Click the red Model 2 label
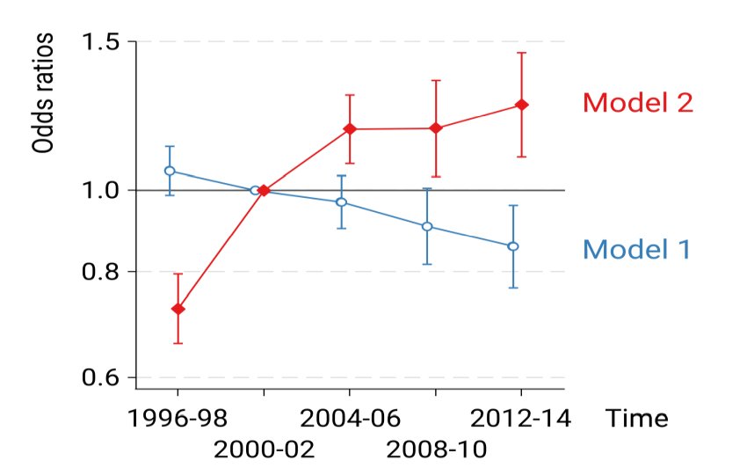coord(637,103)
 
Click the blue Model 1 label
coord(636,250)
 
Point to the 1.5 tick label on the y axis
coord(102,41)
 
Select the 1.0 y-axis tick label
coord(102,190)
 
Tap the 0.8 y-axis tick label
coord(102,272)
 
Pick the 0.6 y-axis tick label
coord(102,378)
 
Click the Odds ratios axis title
coord(45,94)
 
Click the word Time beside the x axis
coord(635,417)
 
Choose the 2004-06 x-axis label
coord(349,417)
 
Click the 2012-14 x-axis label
coord(521,417)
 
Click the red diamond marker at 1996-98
coord(178,309)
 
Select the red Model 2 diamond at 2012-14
coord(521,105)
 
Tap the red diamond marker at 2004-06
coord(349,129)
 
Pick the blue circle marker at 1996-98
coord(170,171)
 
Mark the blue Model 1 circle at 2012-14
coord(513,246)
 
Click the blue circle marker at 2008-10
coord(427,227)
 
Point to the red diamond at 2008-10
coord(435,128)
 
